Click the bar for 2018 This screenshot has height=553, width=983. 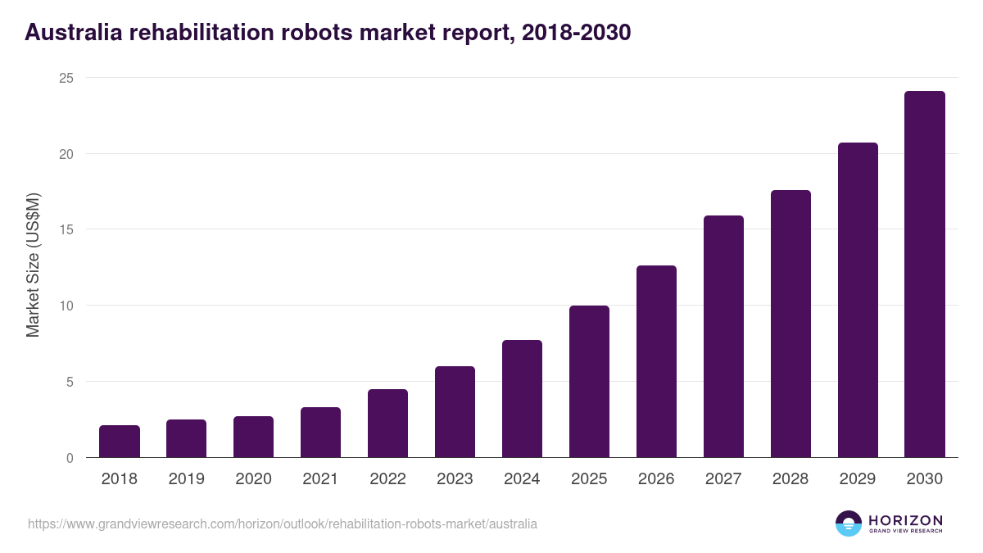point(120,442)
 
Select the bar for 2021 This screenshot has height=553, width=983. point(320,433)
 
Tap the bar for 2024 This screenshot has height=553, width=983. point(522,399)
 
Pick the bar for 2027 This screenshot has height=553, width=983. point(723,337)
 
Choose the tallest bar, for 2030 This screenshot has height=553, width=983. point(925,274)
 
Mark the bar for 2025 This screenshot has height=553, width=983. point(589,382)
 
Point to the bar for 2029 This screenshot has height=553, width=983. point(858,300)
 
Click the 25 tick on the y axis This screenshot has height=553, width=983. point(65,78)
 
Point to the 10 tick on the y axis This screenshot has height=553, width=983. point(65,306)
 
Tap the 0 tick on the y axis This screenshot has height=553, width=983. point(69,458)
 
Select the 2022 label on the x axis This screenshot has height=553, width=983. point(387,479)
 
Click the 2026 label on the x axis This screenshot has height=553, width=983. point(656,479)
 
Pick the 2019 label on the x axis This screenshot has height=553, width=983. point(186,479)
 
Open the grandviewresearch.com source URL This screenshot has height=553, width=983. point(283,524)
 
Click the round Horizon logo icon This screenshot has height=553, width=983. point(849,524)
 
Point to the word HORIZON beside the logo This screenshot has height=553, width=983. point(905,520)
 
